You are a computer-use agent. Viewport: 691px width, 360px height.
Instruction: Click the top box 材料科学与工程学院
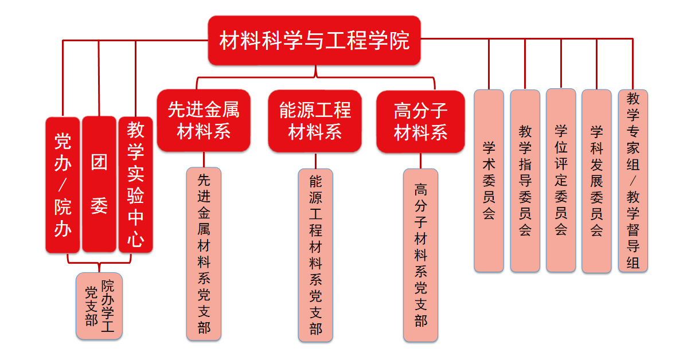click(314, 40)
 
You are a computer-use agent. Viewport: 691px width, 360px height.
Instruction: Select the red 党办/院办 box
click(63, 185)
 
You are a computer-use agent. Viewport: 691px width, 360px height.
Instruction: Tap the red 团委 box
click(99, 184)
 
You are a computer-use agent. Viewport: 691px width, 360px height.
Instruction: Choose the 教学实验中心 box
click(136, 185)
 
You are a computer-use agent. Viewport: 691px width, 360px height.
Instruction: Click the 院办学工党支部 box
click(99, 306)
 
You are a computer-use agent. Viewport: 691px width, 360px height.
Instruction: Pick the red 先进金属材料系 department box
click(204, 120)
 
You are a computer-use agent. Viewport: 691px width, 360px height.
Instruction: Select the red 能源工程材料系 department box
click(315, 121)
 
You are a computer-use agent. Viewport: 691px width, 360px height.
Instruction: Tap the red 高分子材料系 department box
click(421, 122)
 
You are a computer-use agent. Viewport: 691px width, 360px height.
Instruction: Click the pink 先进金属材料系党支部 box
click(204, 254)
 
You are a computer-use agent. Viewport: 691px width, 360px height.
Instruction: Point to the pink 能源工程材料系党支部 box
click(315, 255)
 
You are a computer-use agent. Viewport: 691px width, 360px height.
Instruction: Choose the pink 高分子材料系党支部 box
click(421, 255)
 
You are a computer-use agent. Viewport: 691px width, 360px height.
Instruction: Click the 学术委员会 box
click(489, 181)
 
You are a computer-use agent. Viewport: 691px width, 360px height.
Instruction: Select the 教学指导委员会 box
click(525, 181)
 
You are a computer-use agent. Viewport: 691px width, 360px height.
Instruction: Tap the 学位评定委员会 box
click(561, 181)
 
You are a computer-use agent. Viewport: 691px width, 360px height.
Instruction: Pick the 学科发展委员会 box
click(596, 181)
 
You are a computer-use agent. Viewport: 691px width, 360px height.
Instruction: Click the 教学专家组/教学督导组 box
click(633, 181)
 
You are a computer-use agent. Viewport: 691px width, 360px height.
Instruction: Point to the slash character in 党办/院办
click(63, 185)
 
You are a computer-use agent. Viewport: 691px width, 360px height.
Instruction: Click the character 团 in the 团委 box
click(99, 162)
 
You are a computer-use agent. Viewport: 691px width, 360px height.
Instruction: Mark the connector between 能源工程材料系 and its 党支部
click(315, 161)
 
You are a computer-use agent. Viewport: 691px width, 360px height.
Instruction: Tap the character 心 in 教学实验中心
click(136, 239)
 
